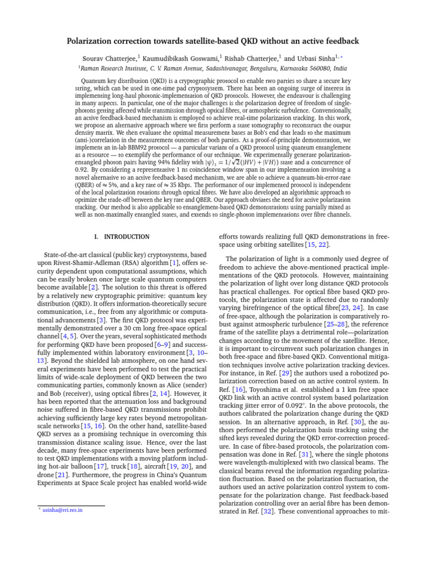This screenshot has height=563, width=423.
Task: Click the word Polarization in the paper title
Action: pyautogui.click(x=94, y=41)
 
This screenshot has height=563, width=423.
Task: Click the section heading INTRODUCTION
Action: pyautogui.click(x=127, y=237)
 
